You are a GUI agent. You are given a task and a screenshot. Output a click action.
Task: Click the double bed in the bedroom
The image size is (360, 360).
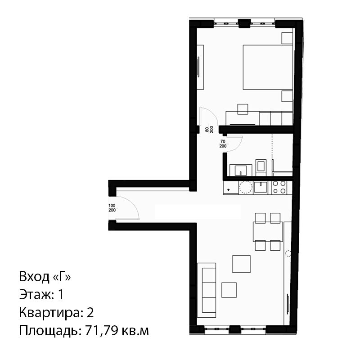(268, 67)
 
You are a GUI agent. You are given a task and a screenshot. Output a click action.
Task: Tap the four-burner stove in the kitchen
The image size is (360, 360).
(279, 187)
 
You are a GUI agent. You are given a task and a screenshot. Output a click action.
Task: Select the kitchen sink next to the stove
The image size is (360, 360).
(261, 187)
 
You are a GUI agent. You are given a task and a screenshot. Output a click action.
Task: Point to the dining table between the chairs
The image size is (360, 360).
(268, 232)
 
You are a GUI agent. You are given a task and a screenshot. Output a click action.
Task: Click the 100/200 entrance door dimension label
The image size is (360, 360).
(112, 208)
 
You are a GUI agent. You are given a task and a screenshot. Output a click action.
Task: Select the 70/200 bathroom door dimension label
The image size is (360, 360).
(223, 144)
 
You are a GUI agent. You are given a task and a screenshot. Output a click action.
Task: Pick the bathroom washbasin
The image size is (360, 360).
(241, 171)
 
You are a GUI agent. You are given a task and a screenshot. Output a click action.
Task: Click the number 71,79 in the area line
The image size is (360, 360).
(102, 331)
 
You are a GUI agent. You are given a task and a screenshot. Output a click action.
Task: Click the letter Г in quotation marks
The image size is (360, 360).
(61, 277)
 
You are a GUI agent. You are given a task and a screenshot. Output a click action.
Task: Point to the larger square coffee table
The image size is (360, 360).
(241, 264)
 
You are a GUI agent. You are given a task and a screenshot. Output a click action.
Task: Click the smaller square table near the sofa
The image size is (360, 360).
(229, 290)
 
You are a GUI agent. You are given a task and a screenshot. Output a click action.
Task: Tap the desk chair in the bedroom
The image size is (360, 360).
(243, 109)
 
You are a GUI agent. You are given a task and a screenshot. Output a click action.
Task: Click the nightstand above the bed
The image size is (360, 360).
(287, 38)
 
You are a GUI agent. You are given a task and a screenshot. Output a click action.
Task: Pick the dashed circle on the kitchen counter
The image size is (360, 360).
(246, 187)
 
